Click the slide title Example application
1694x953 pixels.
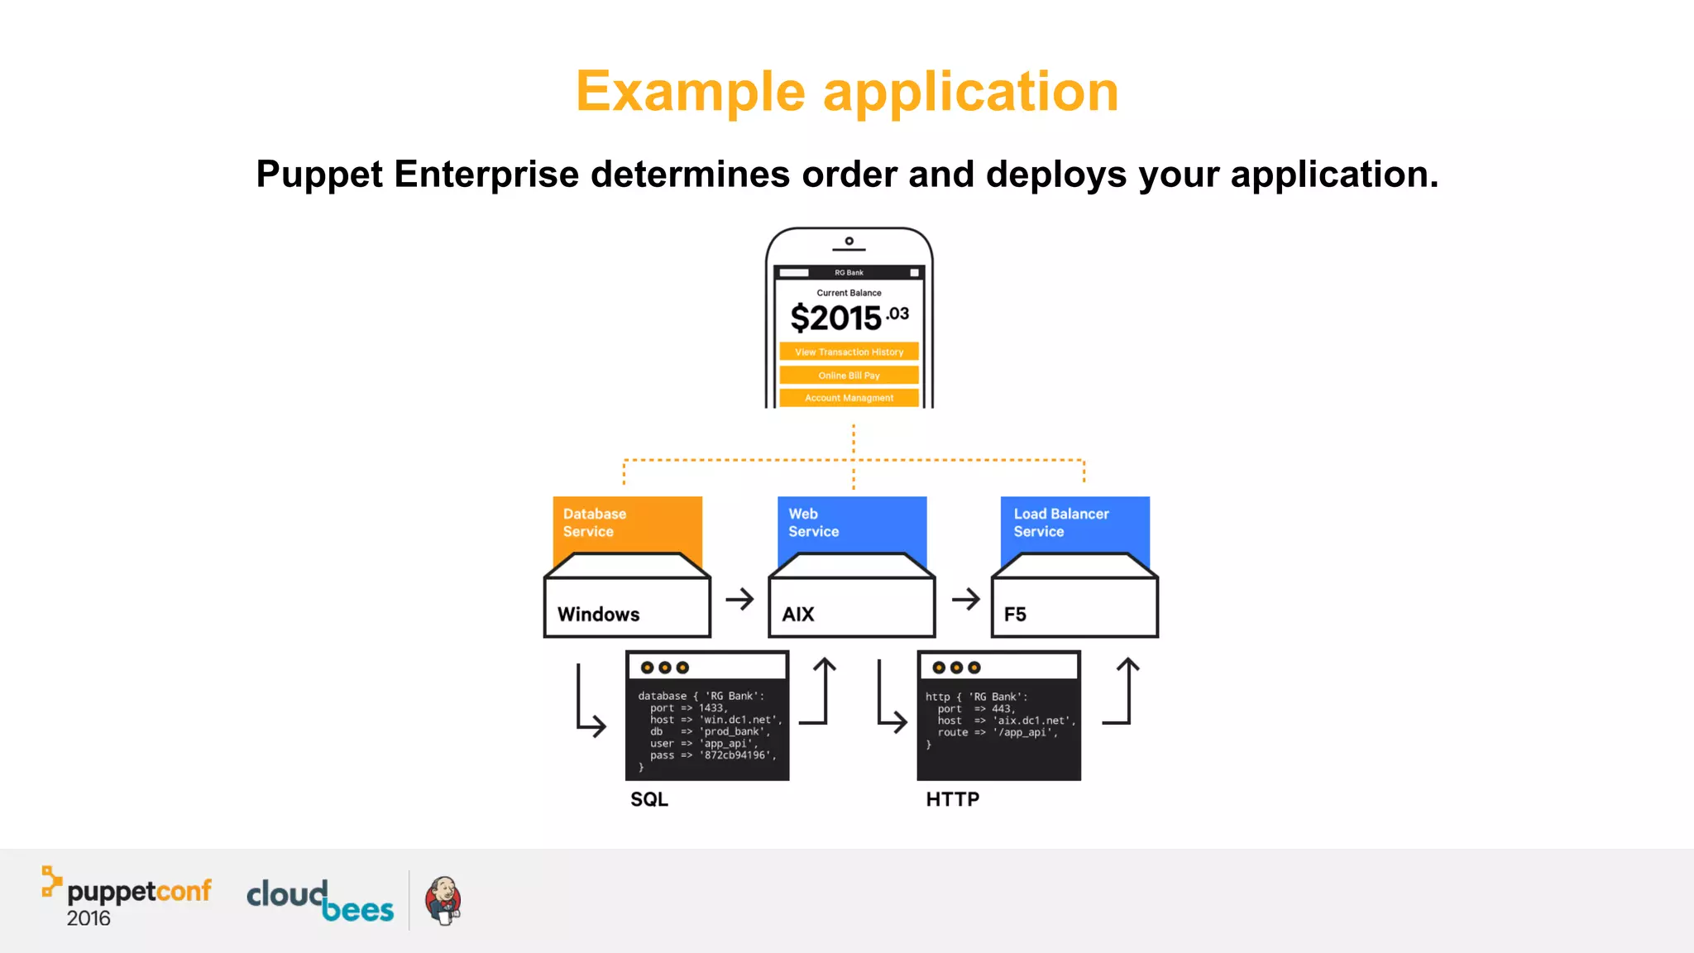847,91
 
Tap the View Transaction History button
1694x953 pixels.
849,352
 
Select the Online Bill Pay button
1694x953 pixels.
849,375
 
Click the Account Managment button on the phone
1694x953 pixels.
849,398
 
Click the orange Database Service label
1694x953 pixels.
594,523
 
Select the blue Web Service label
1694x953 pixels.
813,523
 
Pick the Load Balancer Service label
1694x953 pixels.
1060,523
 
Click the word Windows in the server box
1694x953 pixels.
598,615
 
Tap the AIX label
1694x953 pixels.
798,615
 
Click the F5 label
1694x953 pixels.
1015,615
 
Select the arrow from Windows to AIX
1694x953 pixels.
739,599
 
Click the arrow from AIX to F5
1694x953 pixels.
965,599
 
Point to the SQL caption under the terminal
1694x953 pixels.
649,799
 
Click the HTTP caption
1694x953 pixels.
952,799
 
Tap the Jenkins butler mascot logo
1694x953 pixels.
443,900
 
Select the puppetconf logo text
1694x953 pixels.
138,891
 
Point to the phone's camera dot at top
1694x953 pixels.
849,241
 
